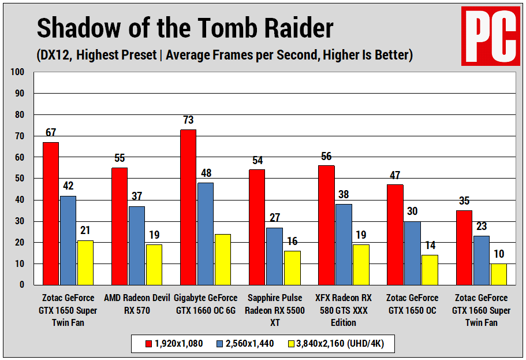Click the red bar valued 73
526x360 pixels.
tap(188, 207)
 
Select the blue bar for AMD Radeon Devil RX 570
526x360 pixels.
tap(137, 246)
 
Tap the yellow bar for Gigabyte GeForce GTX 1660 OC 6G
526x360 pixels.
tap(222, 259)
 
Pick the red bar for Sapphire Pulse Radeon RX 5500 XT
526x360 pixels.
tap(257, 227)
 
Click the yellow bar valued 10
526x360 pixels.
tap(498, 274)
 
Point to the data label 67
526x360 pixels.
tap(51, 133)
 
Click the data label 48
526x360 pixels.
tap(206, 174)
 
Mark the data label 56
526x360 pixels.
tap(326, 157)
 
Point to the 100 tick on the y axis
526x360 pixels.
tap(17, 72)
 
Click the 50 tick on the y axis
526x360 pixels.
tap(19, 179)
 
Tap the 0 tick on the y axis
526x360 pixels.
tap(21, 285)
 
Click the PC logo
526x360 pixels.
tap(490, 36)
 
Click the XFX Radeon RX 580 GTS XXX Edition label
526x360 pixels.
tap(344, 310)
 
